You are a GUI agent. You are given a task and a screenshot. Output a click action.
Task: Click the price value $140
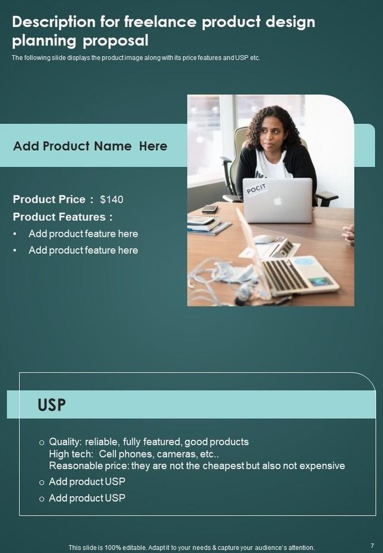pos(111,199)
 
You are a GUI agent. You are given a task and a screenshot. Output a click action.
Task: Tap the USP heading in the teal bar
pos(51,405)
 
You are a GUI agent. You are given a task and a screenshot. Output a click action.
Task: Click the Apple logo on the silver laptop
pos(277,200)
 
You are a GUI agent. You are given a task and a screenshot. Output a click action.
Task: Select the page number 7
pos(372,545)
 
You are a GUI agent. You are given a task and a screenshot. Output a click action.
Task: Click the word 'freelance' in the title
pos(160,22)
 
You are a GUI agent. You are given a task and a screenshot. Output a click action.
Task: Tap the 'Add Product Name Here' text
pos(90,146)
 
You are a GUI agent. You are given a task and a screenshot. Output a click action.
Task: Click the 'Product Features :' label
pos(62,217)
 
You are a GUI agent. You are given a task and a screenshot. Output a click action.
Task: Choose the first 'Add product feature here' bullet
pos(83,233)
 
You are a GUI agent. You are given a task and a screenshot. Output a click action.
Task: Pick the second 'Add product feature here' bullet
pos(83,250)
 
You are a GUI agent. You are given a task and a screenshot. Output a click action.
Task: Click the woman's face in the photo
pos(270,135)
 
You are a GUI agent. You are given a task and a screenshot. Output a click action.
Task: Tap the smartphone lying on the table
pos(209,208)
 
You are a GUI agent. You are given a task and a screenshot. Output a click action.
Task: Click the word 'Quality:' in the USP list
pos(66,442)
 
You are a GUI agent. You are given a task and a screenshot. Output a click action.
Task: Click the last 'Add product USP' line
pos(87,498)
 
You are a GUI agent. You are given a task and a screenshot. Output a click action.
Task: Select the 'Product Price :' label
pos(53,199)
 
